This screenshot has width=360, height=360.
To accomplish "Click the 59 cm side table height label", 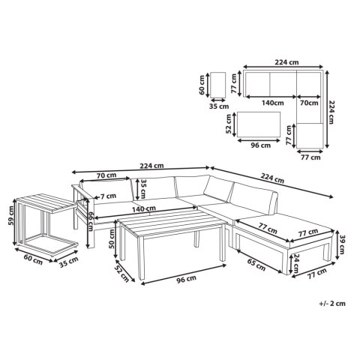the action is [x=11, y=215].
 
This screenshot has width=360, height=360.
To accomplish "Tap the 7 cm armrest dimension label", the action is [x=108, y=196].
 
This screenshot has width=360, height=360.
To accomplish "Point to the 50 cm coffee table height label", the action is [x=111, y=238].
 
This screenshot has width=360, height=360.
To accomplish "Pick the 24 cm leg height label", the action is [x=296, y=263].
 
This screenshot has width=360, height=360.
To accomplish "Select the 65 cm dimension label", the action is [x=256, y=264].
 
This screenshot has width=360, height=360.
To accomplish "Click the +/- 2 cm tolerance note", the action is [x=332, y=304].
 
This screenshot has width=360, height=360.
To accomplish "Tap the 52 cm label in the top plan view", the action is [x=229, y=124].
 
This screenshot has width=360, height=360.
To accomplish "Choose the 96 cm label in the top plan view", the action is [x=261, y=145].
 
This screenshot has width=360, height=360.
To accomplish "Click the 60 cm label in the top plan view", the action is [x=202, y=85].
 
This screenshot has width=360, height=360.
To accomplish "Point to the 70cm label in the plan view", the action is [x=309, y=103].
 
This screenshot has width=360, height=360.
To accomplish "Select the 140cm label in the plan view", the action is [x=273, y=103].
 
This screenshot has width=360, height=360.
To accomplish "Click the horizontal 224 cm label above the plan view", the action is [x=286, y=62].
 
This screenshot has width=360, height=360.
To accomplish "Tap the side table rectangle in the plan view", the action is [x=218, y=85].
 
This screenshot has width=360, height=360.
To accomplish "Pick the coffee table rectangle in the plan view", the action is [x=259, y=124].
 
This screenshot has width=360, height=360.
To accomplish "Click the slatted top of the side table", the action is [x=46, y=203].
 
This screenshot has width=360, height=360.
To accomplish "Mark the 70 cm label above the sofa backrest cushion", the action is [x=106, y=175].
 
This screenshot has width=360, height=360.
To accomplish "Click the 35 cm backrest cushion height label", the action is [x=143, y=188].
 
